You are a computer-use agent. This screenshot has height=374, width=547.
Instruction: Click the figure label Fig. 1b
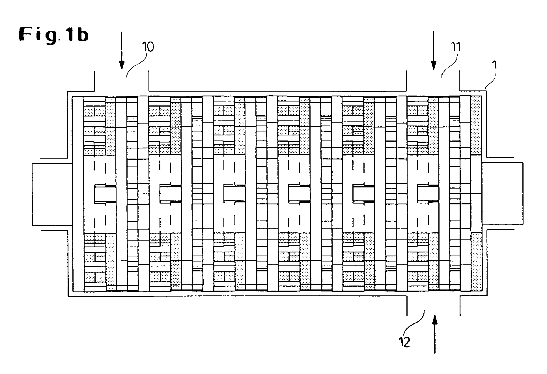[x=54, y=35]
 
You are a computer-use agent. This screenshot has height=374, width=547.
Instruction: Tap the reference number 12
[x=404, y=342]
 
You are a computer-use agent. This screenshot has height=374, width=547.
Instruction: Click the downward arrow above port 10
[x=122, y=51]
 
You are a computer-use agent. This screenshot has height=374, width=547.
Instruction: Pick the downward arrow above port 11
[x=433, y=51]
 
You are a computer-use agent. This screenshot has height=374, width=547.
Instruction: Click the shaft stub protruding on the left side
[x=49, y=194]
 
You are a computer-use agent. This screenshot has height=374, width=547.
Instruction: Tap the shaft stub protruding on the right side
[x=502, y=194]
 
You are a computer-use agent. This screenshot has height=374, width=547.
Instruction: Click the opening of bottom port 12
[x=433, y=305]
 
